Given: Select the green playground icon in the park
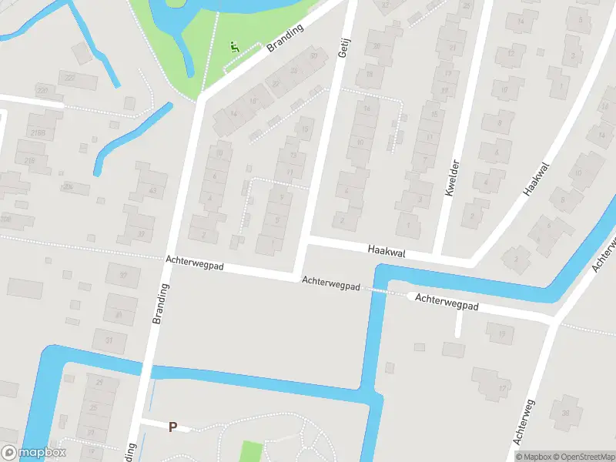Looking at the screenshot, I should (234, 47).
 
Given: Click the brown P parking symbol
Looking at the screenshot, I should (173, 427).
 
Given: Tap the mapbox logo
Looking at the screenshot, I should (33, 453).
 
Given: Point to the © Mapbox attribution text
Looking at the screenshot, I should (533, 457).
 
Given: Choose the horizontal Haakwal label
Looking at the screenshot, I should (387, 251).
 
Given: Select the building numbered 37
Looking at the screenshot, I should (122, 274).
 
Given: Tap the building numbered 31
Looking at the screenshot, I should (109, 340).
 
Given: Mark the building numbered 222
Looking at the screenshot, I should (71, 77).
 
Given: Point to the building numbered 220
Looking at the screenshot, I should (42, 90).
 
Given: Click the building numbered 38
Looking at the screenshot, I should (566, 413).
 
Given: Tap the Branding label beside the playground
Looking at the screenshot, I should (285, 37).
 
